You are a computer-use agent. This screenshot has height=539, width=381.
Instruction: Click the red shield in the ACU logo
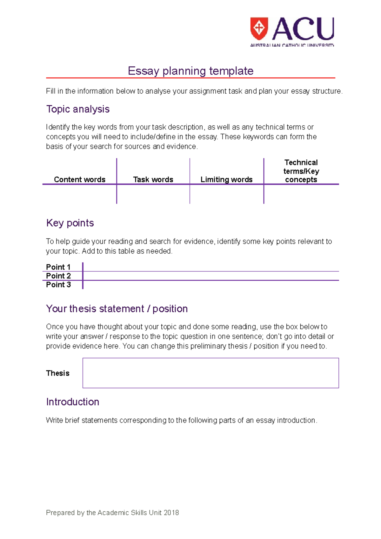(x=259, y=28)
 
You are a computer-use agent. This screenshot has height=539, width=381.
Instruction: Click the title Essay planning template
(x=190, y=71)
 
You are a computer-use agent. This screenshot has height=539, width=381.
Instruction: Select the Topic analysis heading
(x=78, y=109)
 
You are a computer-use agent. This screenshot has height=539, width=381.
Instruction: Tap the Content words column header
(x=80, y=179)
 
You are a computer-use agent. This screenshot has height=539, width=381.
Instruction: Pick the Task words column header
(x=153, y=179)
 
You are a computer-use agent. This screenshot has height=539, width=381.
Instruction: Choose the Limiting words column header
(x=226, y=179)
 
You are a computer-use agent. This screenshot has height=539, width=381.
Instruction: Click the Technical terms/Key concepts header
(x=301, y=171)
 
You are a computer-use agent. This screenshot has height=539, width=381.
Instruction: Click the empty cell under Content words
(x=80, y=194)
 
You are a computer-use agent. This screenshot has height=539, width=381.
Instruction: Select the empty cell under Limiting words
(x=226, y=194)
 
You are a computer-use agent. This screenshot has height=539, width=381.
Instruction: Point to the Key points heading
(x=70, y=223)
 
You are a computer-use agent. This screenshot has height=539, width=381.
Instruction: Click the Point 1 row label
(x=58, y=267)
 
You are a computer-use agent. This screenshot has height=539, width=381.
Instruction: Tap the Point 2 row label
(x=58, y=276)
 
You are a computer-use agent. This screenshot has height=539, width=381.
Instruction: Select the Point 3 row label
(x=58, y=285)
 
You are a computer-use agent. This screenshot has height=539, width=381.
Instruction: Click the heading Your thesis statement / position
(x=117, y=309)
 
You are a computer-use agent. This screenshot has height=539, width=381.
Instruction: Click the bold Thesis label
(x=58, y=373)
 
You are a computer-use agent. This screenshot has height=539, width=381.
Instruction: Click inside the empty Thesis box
(x=211, y=373)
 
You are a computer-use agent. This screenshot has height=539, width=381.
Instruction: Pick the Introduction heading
(x=73, y=402)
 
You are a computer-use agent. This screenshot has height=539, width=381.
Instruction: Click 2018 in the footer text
(x=171, y=513)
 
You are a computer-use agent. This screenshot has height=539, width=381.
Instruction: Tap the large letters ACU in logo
(x=303, y=29)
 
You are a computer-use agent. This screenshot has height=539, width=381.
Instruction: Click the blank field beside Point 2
(x=211, y=276)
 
